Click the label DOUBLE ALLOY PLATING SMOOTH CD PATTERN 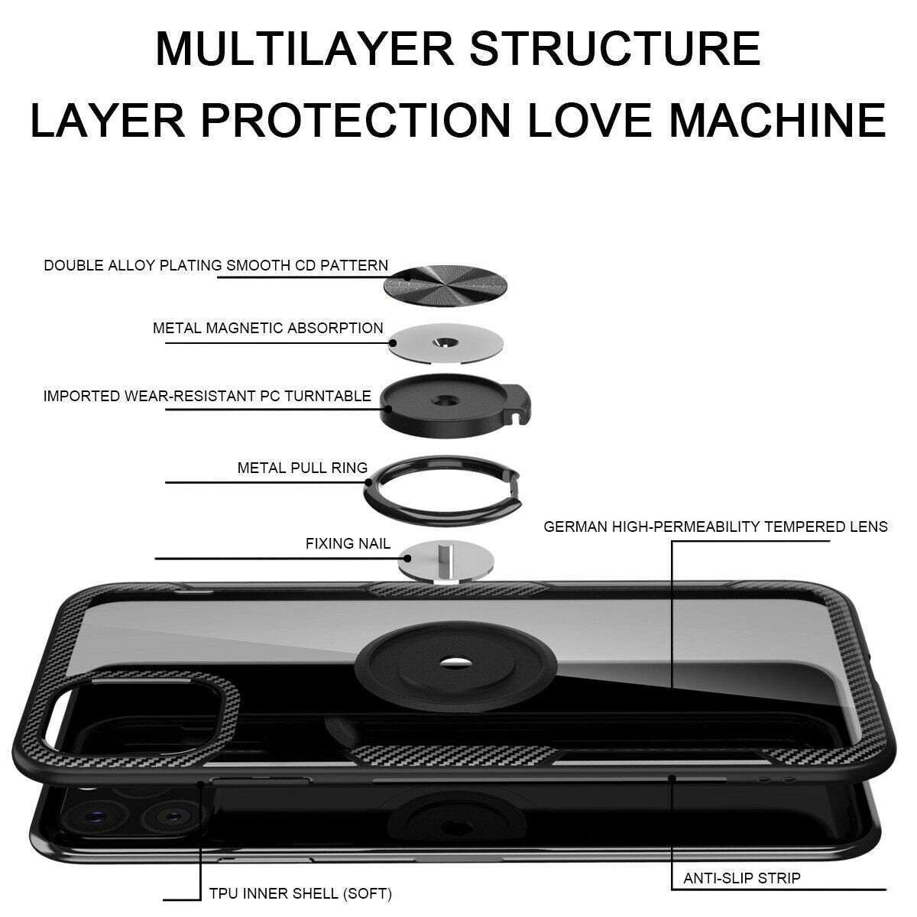coord(215,266)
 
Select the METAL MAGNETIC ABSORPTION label coord(267,329)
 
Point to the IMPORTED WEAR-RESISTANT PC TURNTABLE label coord(207,397)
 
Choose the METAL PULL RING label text coord(302,468)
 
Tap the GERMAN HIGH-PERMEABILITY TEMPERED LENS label coord(715,527)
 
